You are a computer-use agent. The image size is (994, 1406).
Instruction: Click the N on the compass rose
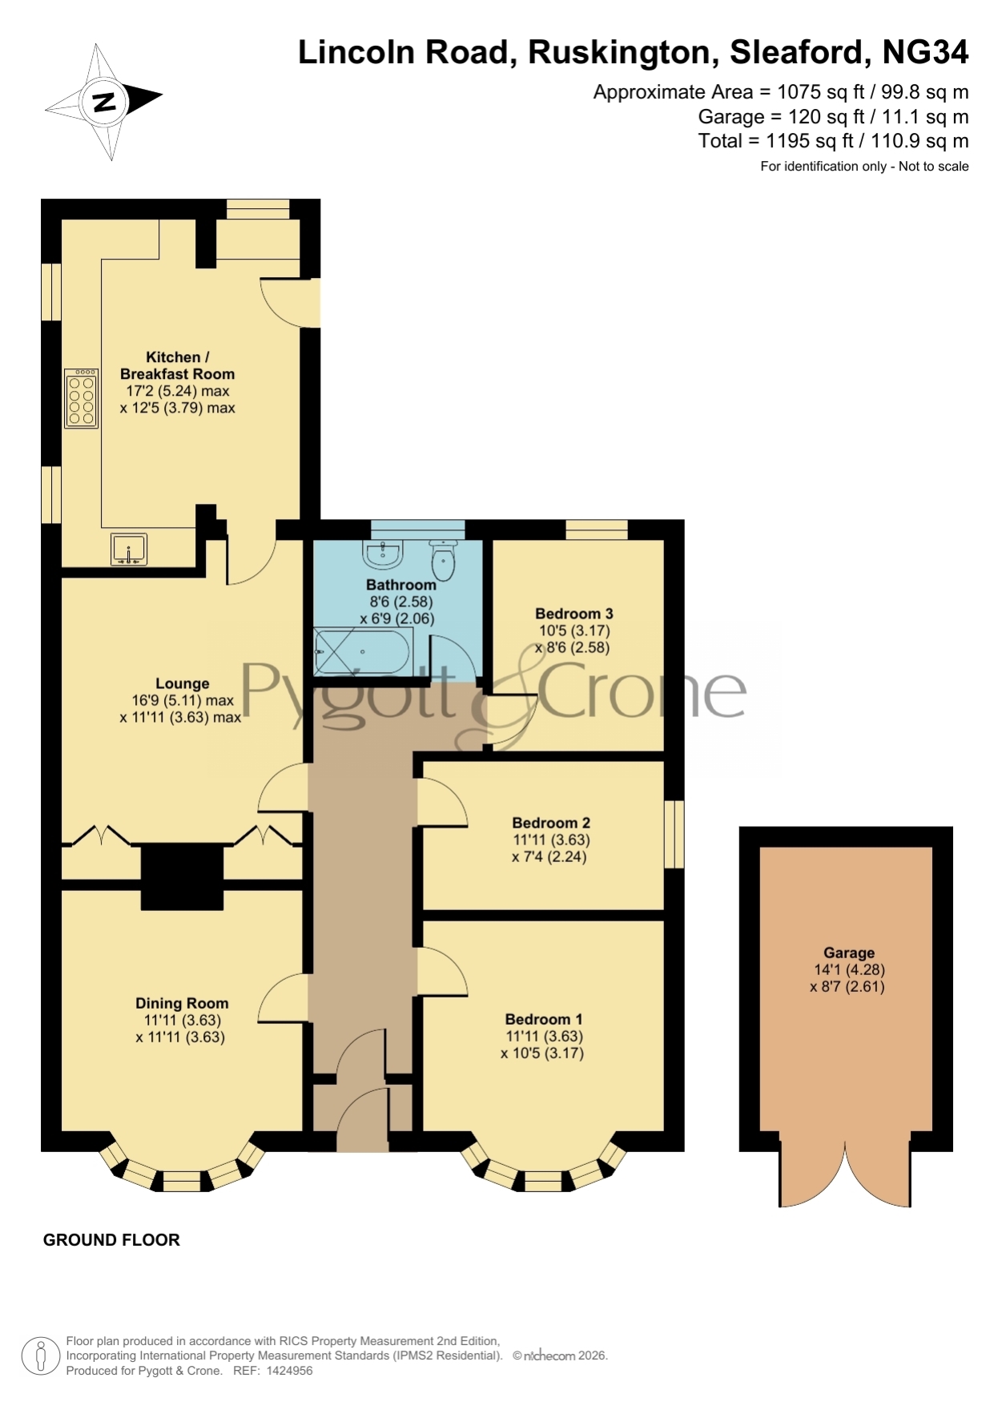coord(104,102)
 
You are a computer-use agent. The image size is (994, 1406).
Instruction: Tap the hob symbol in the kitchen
coord(81,397)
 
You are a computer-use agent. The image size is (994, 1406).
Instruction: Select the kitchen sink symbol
coord(128,549)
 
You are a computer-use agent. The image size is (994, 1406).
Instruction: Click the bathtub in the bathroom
coord(363,651)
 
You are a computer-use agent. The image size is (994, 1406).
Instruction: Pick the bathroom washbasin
coord(384,553)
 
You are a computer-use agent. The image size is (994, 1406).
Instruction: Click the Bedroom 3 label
coord(574,614)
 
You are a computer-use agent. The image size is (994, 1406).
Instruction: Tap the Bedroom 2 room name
coord(551,823)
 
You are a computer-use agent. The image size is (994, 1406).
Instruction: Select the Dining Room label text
coord(182,1003)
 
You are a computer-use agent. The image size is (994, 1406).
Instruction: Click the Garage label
coord(849,953)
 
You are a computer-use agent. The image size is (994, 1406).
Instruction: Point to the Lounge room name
coord(183,683)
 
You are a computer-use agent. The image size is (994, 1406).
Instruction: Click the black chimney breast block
coord(182,877)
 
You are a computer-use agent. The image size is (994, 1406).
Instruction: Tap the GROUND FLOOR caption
coord(111,1240)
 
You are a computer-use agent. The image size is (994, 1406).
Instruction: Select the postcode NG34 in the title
coord(925,52)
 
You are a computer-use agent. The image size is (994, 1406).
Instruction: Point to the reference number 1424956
coord(289,1371)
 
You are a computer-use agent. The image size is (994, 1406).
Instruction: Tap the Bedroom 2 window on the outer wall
coord(674,834)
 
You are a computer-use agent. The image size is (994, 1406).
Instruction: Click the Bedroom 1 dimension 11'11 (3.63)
coord(544,1036)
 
